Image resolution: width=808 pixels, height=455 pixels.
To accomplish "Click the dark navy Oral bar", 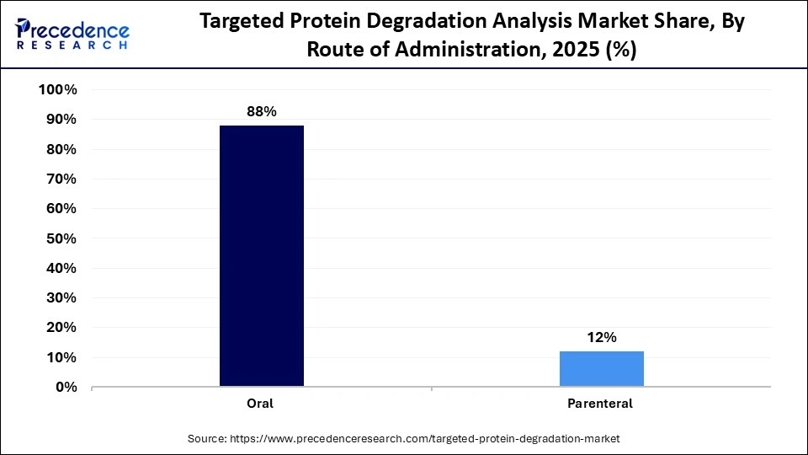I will pos(262,256).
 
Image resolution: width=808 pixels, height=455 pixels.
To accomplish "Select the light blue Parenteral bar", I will pos(602,369).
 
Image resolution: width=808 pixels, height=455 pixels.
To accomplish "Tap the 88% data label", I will pos(262,111).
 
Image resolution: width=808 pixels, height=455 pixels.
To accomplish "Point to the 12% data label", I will pos(602,337).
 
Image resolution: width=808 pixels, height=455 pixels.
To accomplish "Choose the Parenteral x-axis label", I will pos(601,404).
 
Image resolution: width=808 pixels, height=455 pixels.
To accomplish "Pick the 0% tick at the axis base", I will pos(66,388).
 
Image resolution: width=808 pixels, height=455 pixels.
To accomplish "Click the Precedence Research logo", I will pos(72,35).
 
